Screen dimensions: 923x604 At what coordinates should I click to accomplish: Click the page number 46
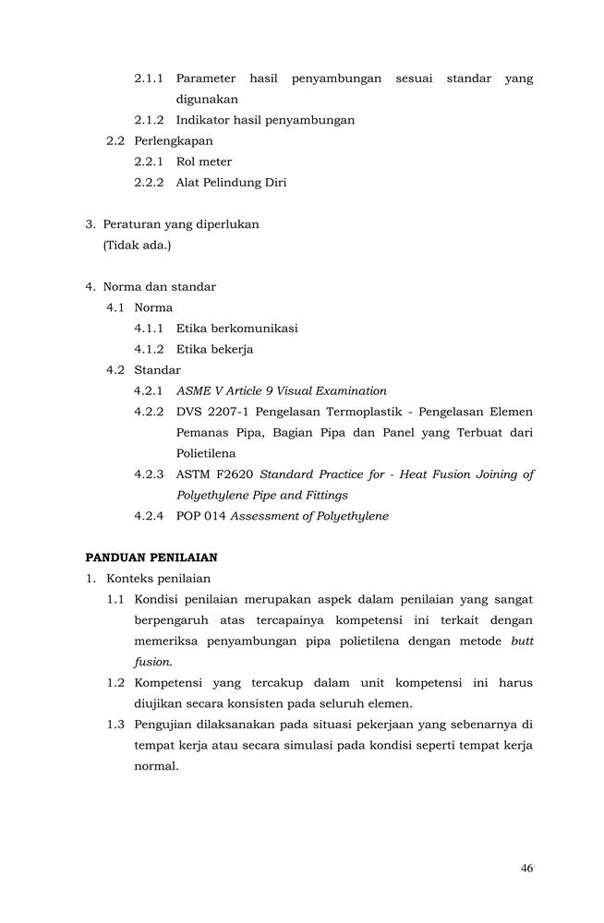[x=526, y=868]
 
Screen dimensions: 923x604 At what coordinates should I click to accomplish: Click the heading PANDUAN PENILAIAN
[x=151, y=557]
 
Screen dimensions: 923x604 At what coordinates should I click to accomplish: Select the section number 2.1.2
[x=149, y=120]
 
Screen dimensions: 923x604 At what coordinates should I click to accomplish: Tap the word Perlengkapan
[x=173, y=141]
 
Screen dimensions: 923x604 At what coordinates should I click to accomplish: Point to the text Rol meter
[x=204, y=162]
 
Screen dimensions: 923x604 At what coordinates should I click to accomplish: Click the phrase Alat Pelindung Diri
[x=231, y=183]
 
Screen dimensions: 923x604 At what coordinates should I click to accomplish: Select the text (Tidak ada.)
[x=138, y=245]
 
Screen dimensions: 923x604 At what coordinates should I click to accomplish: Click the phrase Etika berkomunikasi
[x=236, y=329]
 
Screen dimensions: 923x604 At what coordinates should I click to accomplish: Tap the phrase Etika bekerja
[x=214, y=349]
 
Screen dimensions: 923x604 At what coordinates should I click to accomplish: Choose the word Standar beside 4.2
[x=157, y=370]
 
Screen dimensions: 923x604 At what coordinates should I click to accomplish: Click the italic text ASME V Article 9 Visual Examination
[x=282, y=391]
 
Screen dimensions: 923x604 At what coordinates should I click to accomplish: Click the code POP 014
[x=200, y=516]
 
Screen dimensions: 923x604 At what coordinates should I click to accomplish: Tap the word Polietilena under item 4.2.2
[x=206, y=453]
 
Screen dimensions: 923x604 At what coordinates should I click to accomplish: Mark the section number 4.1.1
[x=149, y=329]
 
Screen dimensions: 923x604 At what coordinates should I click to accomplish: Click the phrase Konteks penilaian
[x=158, y=579]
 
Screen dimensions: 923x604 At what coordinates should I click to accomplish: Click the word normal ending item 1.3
[x=156, y=766]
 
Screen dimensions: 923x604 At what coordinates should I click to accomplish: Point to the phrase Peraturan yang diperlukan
[x=181, y=224]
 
